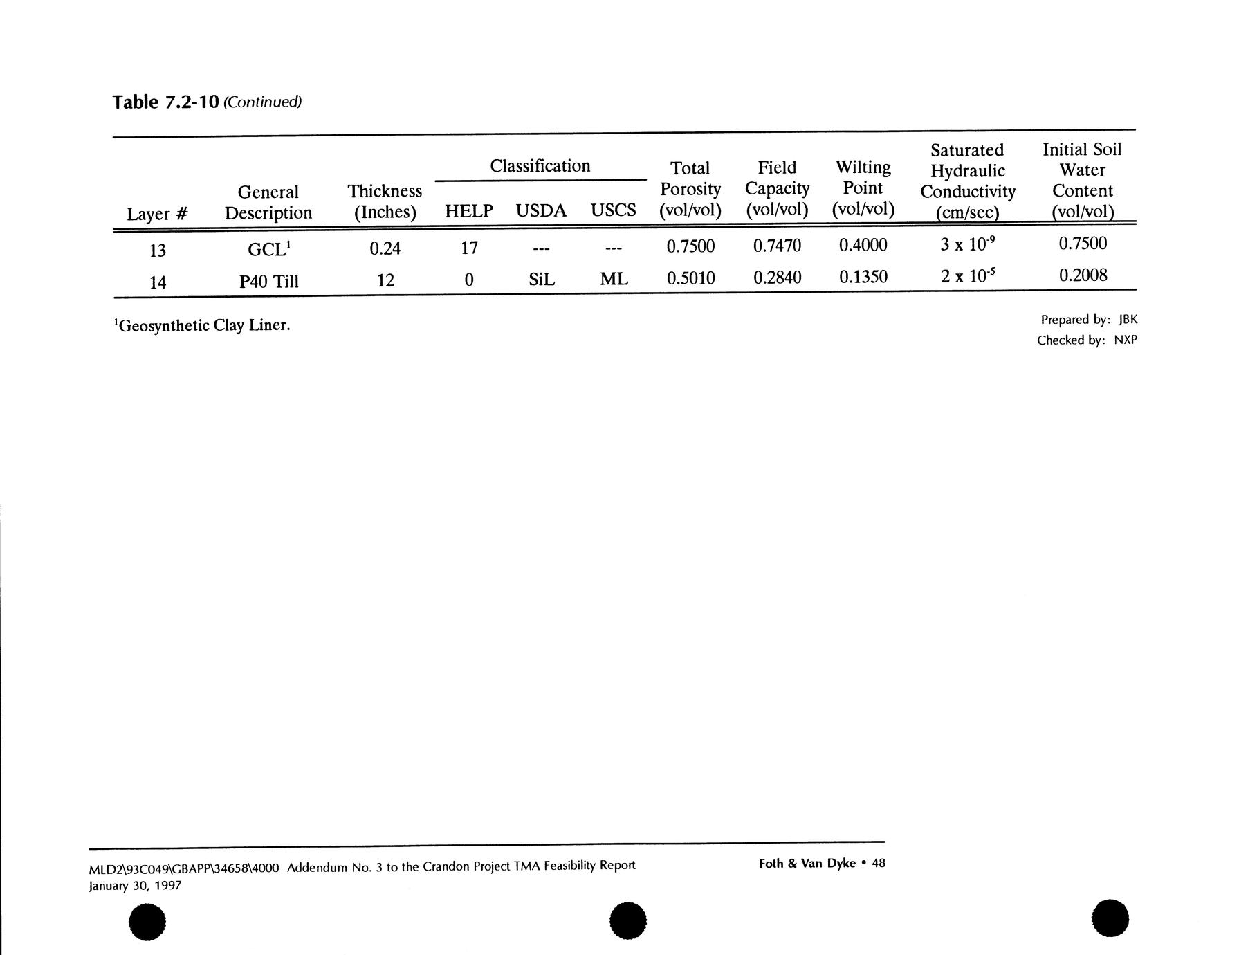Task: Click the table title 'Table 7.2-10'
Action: click(x=165, y=102)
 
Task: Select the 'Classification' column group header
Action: click(x=540, y=166)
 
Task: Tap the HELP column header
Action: click(x=468, y=211)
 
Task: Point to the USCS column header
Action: click(x=613, y=210)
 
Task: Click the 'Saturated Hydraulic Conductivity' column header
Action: click(x=967, y=181)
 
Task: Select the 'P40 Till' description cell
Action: click(x=268, y=282)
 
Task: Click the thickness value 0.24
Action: click(x=385, y=248)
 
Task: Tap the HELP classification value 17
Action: click(x=469, y=247)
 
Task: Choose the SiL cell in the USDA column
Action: click(x=541, y=280)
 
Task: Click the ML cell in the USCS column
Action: click(x=614, y=279)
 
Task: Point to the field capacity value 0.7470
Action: click(x=777, y=245)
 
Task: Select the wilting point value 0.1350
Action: click(x=863, y=278)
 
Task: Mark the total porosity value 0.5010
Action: click(x=690, y=278)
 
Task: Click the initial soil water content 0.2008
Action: click(x=1083, y=275)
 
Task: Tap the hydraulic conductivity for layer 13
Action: click(x=967, y=244)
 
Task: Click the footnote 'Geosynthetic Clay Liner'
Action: click(x=202, y=325)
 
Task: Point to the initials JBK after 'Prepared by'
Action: click(x=1128, y=320)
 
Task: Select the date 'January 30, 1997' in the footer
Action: click(x=135, y=886)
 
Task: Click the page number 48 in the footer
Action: click(x=879, y=863)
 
